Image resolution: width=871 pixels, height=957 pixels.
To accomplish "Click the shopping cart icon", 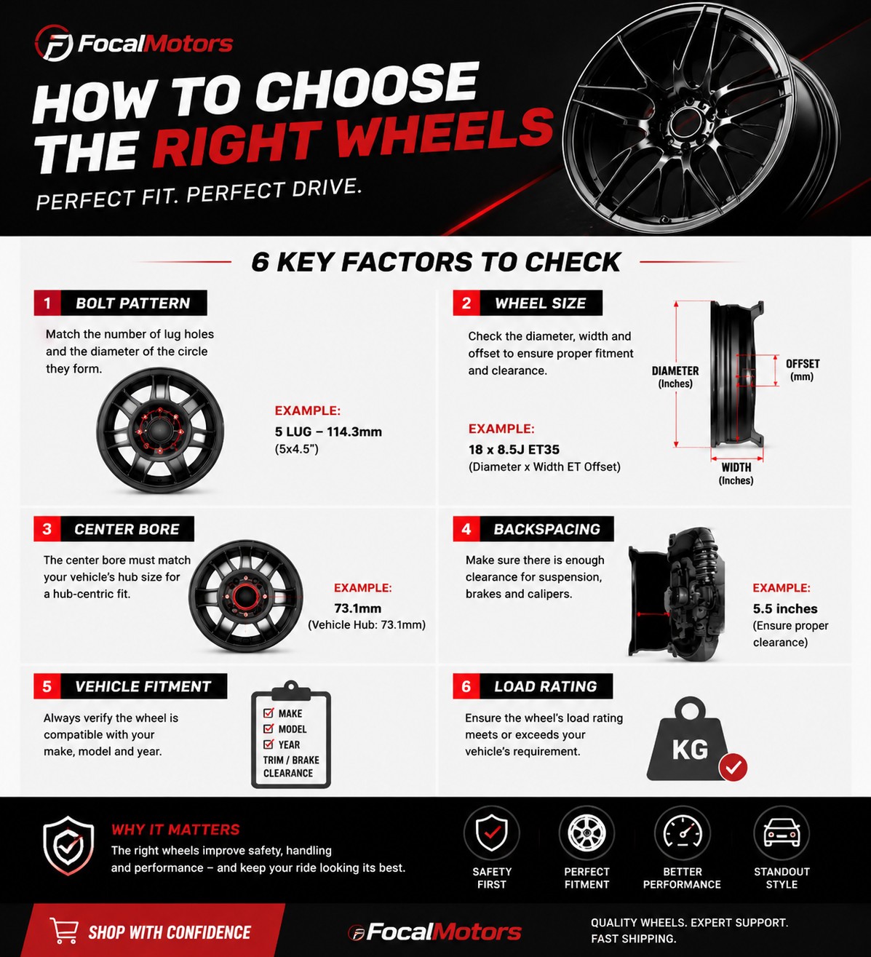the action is coord(64,930).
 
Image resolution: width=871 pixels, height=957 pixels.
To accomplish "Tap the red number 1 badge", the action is coord(47,303).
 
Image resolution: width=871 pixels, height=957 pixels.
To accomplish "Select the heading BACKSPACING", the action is coord(546,529).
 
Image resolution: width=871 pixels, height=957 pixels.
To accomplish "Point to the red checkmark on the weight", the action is coord(733,767).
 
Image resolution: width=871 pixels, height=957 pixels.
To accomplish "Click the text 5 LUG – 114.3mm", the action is coord(328,432).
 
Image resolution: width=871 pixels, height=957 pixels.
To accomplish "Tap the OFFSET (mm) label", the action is coord(803,370).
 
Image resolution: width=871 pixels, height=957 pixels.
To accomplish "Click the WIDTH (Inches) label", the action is coord(736,474).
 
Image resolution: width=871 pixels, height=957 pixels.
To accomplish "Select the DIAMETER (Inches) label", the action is coord(675,377).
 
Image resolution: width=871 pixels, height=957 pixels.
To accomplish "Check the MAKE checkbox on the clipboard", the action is coord(269,713).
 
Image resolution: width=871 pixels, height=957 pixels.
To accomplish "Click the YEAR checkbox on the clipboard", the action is coord(269,744).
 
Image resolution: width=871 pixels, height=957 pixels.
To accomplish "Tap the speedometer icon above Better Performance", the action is coord(682,833).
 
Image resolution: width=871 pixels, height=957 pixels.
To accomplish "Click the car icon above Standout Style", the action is coord(781,833).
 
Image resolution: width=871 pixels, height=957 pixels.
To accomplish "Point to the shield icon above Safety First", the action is coord(492,833).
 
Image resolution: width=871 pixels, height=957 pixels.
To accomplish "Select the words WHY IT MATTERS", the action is coord(175,830).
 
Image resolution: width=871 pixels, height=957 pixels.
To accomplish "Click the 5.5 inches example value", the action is coord(785,608).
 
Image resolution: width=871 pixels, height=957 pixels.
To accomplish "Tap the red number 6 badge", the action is coord(466,686).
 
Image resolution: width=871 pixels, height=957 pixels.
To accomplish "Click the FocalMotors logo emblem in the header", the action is coord(54,44).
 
